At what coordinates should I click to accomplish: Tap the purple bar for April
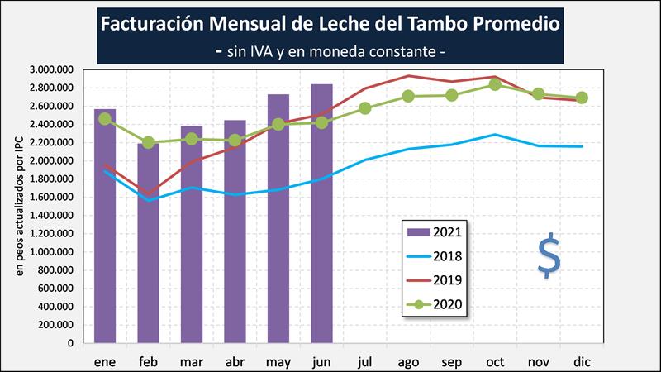[x=235, y=231]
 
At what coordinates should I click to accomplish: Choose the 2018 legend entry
[x=435, y=256]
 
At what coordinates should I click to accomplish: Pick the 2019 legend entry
[x=435, y=280]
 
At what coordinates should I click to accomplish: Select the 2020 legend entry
[x=435, y=304]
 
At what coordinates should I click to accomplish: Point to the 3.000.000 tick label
[x=50, y=69]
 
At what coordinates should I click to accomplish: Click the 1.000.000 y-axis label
[x=50, y=251]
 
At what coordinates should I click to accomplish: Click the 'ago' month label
[x=408, y=362]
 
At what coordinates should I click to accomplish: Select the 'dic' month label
[x=582, y=362]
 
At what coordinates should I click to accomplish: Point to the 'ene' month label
[x=105, y=362]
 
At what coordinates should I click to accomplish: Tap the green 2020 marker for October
[x=495, y=84]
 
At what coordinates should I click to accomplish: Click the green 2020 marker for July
[x=365, y=108]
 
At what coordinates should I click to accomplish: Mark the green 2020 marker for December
[x=582, y=97]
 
